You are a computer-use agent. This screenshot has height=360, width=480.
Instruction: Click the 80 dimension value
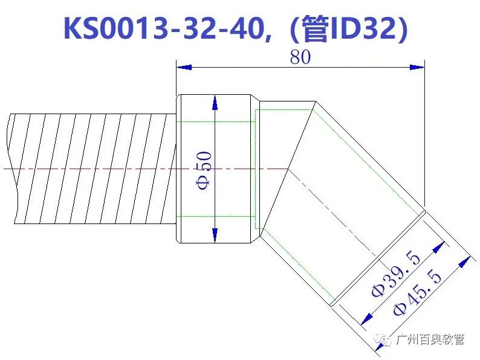pos(300,57)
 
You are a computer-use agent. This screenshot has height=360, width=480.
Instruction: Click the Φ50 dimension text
pos(204,171)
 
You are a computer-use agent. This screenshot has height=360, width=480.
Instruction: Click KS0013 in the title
pos(115,28)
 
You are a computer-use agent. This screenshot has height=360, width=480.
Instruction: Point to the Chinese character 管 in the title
pos(316,28)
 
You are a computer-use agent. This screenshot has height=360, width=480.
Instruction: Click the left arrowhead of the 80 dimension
pos(184,67)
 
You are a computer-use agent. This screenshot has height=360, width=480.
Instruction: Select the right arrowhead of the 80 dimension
pos(417,67)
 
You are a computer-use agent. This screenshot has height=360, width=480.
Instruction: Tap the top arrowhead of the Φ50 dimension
pos(215,103)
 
